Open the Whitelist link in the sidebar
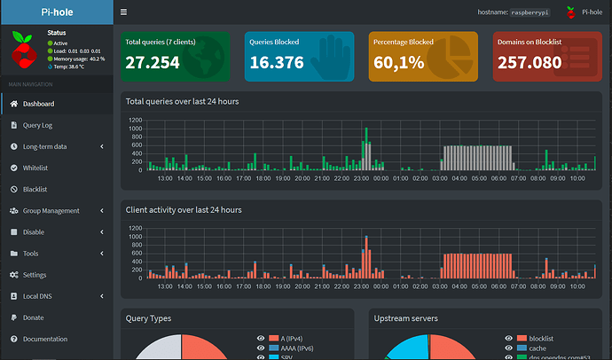click(35, 168)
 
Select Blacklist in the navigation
click(35, 189)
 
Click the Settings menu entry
click(35, 275)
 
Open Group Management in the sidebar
click(51, 210)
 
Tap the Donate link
click(33, 317)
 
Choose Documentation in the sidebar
click(44, 339)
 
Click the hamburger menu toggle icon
click(123, 12)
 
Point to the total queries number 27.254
click(153, 62)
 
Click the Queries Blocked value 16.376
click(277, 62)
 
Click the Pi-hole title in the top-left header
click(57, 12)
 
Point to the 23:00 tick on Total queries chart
click(362, 177)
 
